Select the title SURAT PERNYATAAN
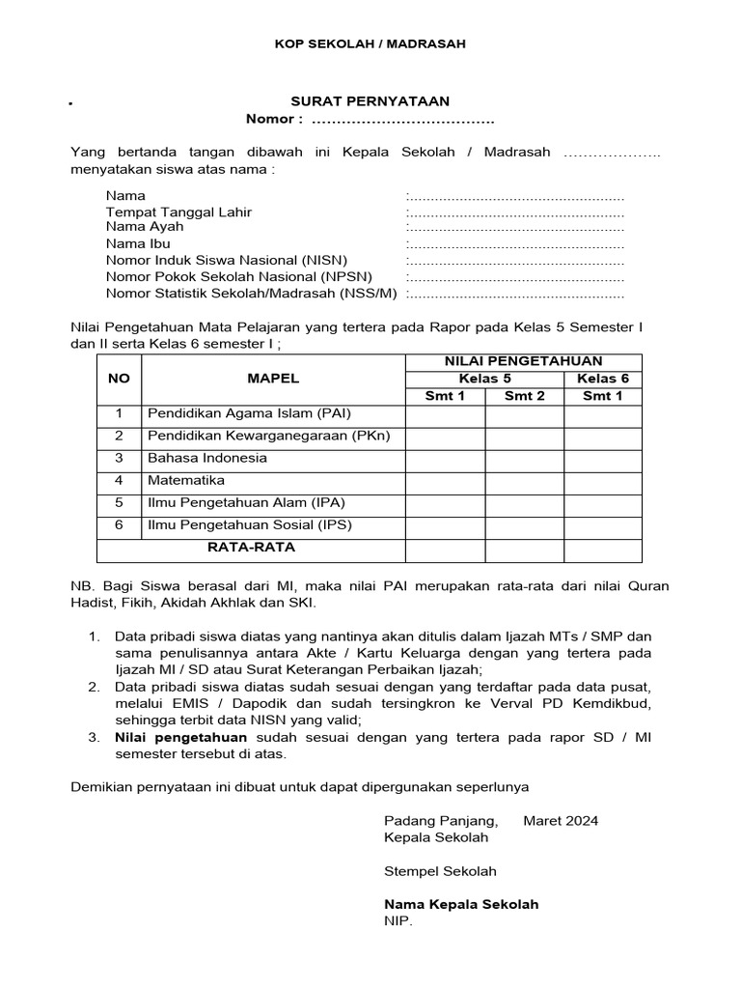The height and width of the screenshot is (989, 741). (370, 101)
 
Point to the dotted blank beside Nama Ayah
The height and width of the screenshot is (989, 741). (516, 227)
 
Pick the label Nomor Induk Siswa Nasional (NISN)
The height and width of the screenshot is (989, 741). (227, 261)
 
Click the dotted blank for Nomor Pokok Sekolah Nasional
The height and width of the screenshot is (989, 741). (516, 277)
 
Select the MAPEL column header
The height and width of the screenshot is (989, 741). (273, 379)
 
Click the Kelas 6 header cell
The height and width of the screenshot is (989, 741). (602, 379)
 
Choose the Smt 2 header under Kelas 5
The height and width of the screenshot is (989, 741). (524, 396)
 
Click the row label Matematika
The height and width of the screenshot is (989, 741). (186, 480)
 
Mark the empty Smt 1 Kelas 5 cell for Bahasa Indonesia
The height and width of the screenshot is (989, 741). (445, 458)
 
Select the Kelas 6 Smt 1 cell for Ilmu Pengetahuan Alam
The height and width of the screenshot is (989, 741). (602, 503)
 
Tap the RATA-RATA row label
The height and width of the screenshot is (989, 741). (251, 548)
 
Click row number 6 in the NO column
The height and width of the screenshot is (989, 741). (119, 525)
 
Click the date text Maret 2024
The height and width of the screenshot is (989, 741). (561, 821)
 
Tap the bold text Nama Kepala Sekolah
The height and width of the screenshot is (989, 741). (461, 905)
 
